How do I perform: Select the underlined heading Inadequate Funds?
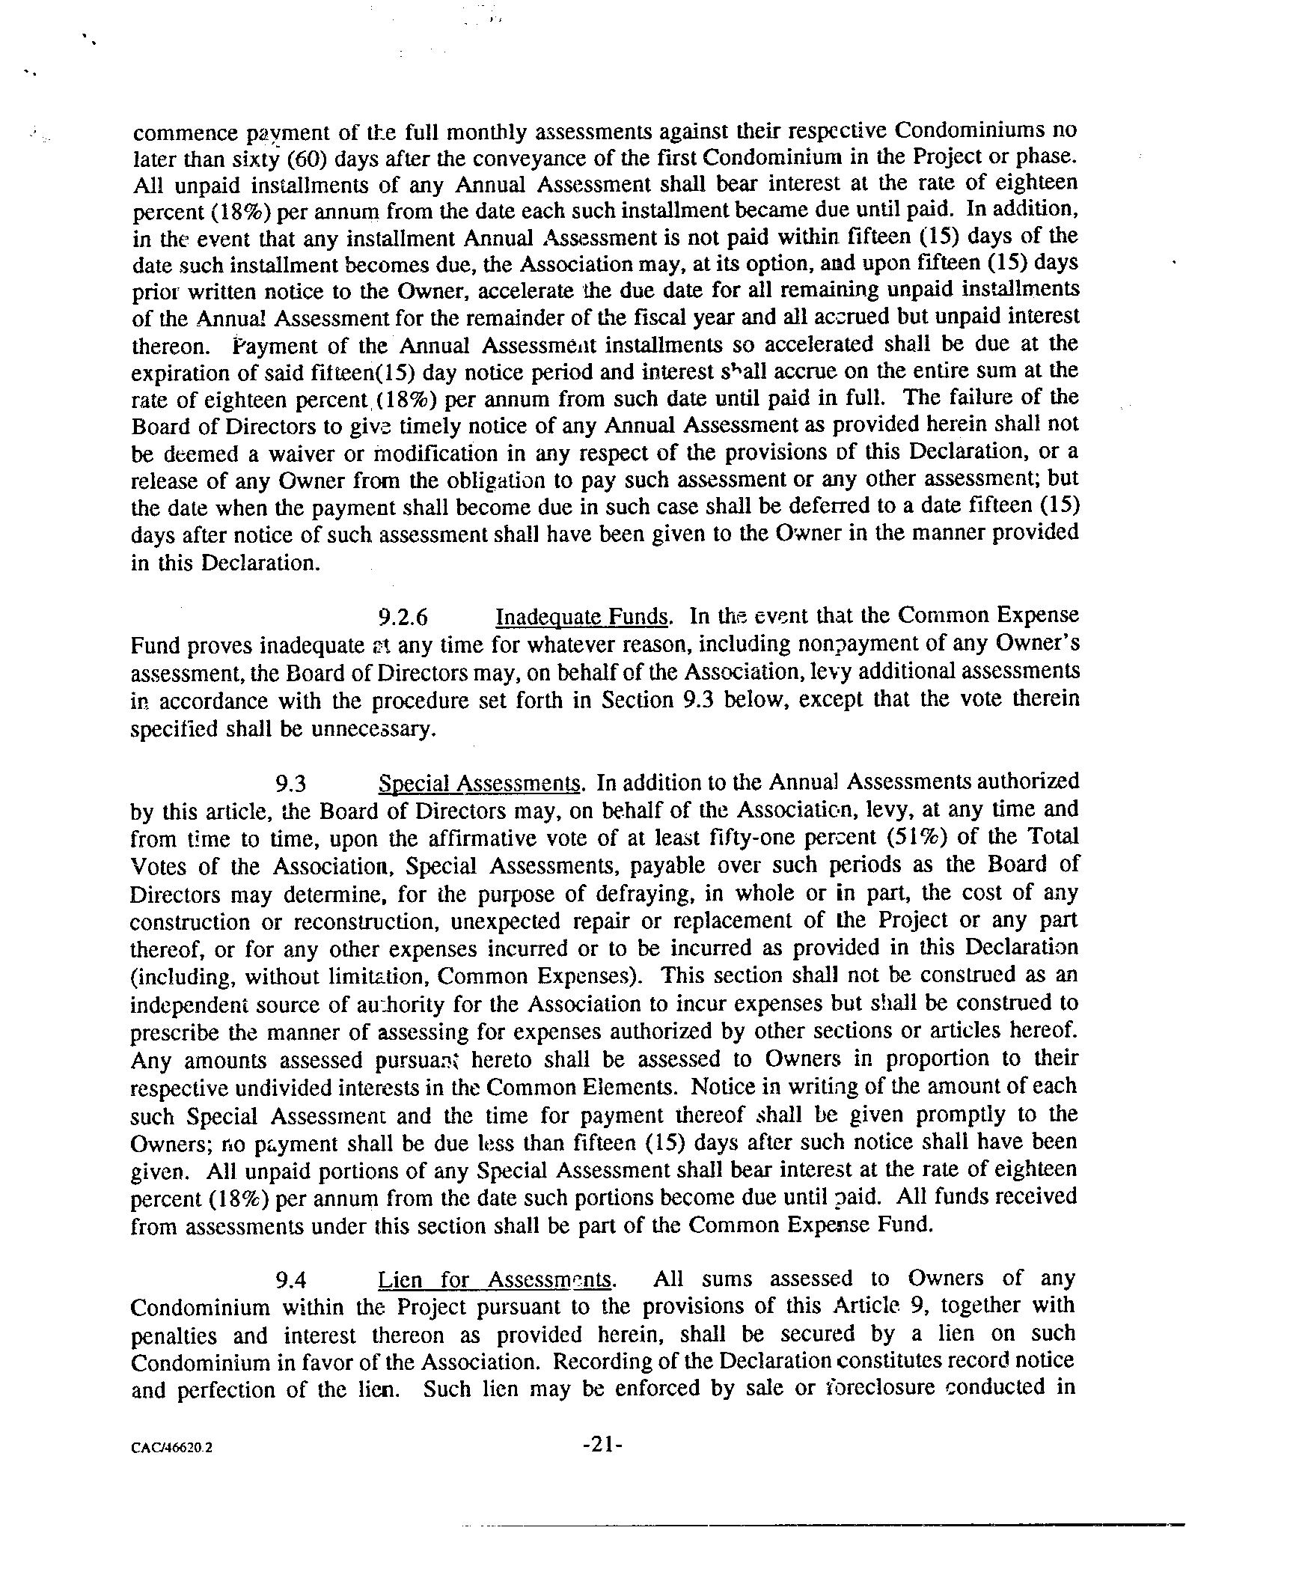[582, 617]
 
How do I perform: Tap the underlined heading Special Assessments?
[480, 784]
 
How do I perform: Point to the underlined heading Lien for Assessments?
[496, 1279]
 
